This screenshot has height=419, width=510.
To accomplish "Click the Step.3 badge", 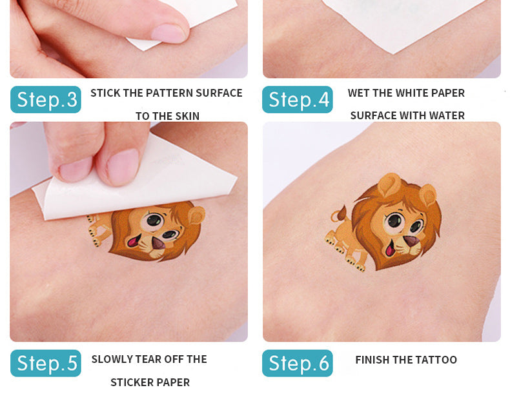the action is [x=46, y=99].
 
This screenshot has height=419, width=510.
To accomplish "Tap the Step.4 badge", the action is [x=297, y=99].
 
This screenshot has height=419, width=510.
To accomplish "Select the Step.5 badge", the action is [x=46, y=363].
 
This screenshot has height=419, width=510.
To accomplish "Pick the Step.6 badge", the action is [x=297, y=363].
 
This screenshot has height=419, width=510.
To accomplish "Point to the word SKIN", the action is [x=185, y=116].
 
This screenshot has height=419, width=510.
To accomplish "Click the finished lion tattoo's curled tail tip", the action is [x=342, y=210].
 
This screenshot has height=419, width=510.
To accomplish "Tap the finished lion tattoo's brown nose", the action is [x=411, y=240].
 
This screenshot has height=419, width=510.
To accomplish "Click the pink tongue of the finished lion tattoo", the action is [x=389, y=249].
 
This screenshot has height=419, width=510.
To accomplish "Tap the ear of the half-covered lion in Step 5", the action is [x=196, y=215].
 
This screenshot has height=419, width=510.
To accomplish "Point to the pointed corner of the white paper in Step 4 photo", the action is [x=393, y=53].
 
